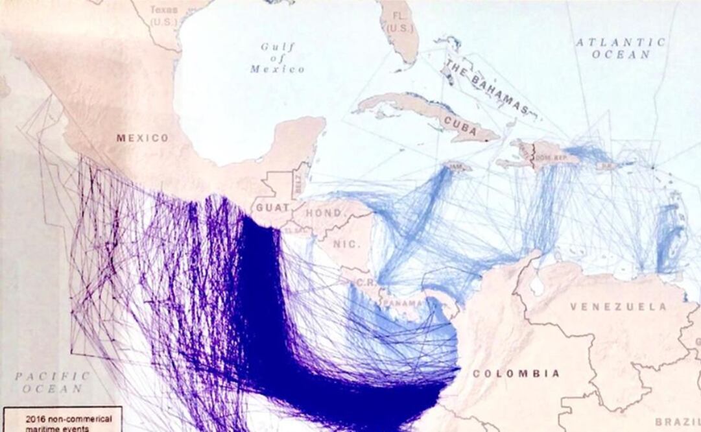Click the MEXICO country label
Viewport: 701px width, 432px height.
point(142,138)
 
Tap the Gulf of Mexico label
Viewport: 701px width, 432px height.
point(277,58)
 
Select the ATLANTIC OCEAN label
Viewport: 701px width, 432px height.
point(621,48)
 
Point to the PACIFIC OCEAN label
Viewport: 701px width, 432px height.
point(53,382)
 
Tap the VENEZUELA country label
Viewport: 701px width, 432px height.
point(618,306)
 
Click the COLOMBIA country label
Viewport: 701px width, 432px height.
point(516,374)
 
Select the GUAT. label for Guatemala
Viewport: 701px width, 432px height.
point(272,208)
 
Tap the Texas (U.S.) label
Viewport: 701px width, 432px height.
point(163,16)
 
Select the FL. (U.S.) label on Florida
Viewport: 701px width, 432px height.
point(399,23)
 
